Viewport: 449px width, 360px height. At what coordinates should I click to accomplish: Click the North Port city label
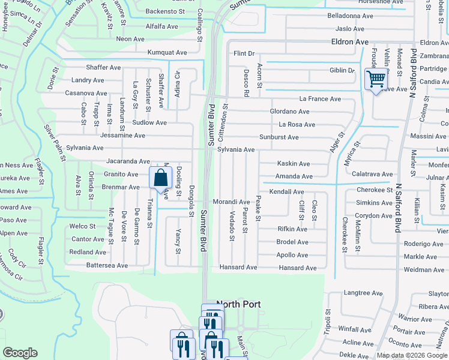click(x=238, y=304)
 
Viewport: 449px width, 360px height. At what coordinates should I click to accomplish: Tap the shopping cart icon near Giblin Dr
click(x=376, y=79)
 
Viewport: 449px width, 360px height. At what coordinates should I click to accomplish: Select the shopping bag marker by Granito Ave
click(x=160, y=178)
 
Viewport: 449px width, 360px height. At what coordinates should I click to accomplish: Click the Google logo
click(x=20, y=353)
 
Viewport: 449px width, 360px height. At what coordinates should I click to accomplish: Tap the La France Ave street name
click(x=320, y=99)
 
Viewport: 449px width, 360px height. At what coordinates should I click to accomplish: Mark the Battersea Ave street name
click(x=107, y=265)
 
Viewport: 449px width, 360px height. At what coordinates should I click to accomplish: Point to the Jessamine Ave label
click(x=122, y=136)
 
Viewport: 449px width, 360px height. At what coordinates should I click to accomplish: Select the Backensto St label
click(x=165, y=11)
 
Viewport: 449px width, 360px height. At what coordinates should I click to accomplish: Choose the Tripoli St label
click(x=328, y=323)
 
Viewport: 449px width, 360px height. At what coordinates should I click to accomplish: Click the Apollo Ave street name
click(x=292, y=255)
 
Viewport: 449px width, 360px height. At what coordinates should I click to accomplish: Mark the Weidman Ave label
click(x=424, y=271)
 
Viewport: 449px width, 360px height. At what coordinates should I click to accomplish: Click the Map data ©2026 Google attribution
click(x=412, y=355)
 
